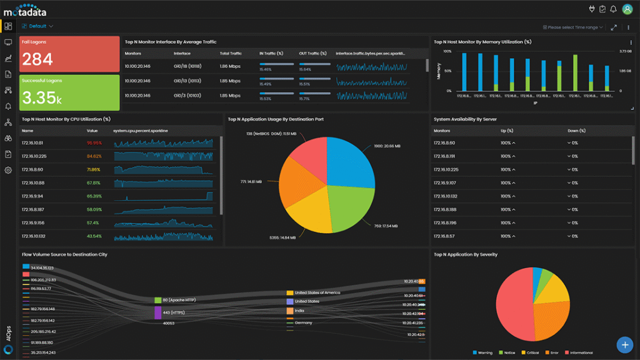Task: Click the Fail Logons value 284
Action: [x=37, y=59]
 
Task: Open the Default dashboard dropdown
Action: [x=37, y=26]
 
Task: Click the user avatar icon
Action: [x=626, y=9]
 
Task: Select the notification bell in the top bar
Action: [x=613, y=9]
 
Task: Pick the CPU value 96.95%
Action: [x=94, y=143]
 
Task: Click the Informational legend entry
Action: [x=579, y=352]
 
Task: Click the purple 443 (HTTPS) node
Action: [x=157, y=312]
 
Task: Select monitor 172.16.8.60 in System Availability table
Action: [x=446, y=143]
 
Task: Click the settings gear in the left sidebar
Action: [x=8, y=170]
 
